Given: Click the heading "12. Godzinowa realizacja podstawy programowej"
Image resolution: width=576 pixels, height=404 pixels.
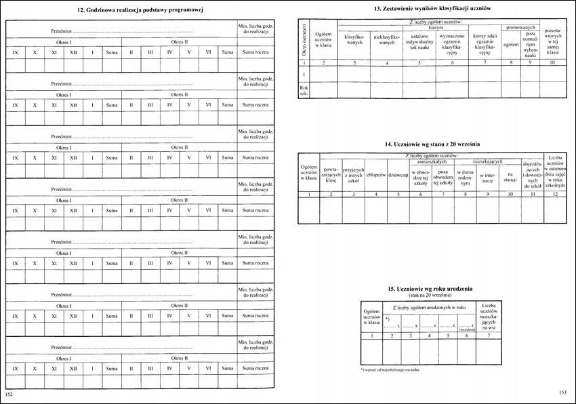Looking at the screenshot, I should pyautogui.click(x=141, y=10).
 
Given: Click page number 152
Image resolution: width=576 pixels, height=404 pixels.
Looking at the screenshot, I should pyautogui.click(x=9, y=394).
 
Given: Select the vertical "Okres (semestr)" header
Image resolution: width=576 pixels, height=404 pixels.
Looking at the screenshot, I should pyautogui.click(x=304, y=39).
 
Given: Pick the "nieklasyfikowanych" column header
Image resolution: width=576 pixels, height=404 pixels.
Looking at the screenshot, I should pyautogui.click(x=387, y=39).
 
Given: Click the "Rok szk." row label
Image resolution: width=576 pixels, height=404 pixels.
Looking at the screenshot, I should pyautogui.click(x=304, y=89).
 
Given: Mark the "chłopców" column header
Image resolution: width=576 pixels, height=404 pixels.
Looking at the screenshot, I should pyautogui.click(x=375, y=175).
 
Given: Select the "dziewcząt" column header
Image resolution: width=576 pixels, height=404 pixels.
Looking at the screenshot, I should pyautogui.click(x=398, y=175).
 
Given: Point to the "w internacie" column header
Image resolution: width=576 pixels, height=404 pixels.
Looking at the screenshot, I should pyautogui.click(x=488, y=178).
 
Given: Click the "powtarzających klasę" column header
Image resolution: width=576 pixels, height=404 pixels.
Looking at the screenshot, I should pyautogui.click(x=331, y=175).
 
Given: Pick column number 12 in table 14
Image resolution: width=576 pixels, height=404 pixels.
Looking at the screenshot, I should pyautogui.click(x=556, y=195).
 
